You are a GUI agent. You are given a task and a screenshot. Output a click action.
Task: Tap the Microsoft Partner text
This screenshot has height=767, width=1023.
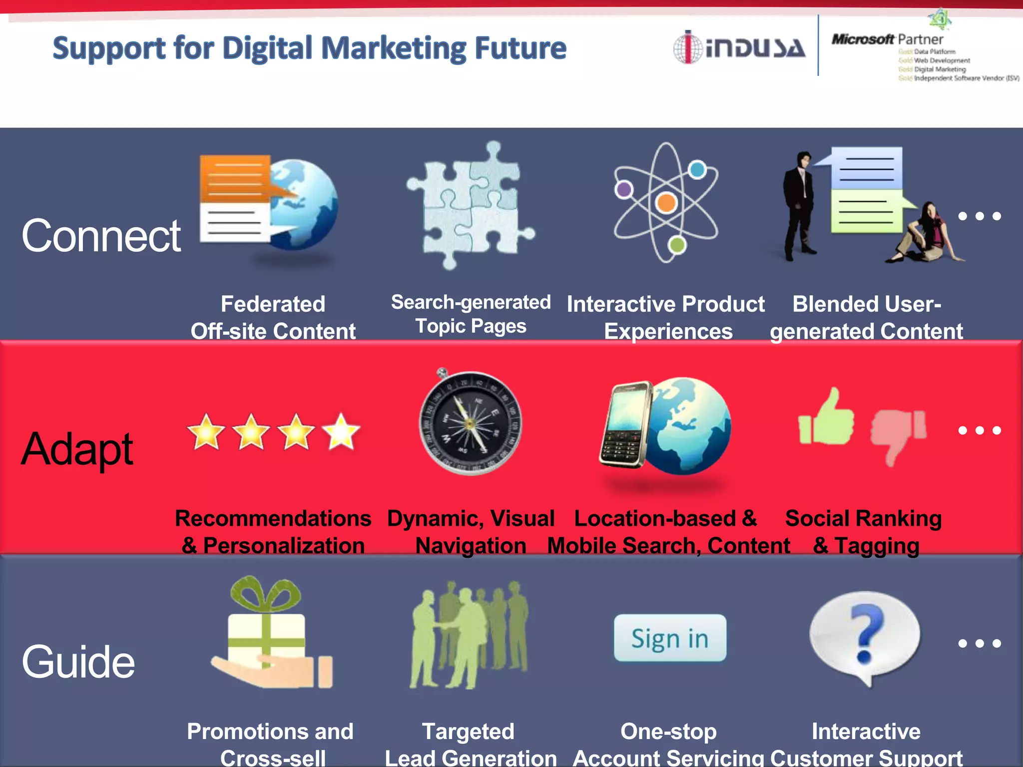[x=887, y=39]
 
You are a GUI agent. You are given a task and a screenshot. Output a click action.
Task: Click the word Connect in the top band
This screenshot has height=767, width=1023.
[x=101, y=236]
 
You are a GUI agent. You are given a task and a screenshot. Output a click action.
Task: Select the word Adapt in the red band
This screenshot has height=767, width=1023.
[x=77, y=449]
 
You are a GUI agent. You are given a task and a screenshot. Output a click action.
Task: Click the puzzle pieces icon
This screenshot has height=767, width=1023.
[x=470, y=205]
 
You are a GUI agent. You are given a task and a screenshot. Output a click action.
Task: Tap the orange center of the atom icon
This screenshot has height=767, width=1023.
[x=666, y=203]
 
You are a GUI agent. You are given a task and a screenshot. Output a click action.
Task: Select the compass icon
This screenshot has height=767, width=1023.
[x=470, y=422]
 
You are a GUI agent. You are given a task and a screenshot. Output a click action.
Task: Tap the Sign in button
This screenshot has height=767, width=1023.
[x=670, y=638]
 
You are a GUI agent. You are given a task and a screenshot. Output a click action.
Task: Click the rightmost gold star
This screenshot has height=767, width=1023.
[x=341, y=431]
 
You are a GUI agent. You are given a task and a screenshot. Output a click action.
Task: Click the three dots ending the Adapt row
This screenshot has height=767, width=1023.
[x=980, y=430]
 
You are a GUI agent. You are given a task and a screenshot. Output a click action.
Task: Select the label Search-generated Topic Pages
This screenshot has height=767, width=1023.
[x=471, y=314]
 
